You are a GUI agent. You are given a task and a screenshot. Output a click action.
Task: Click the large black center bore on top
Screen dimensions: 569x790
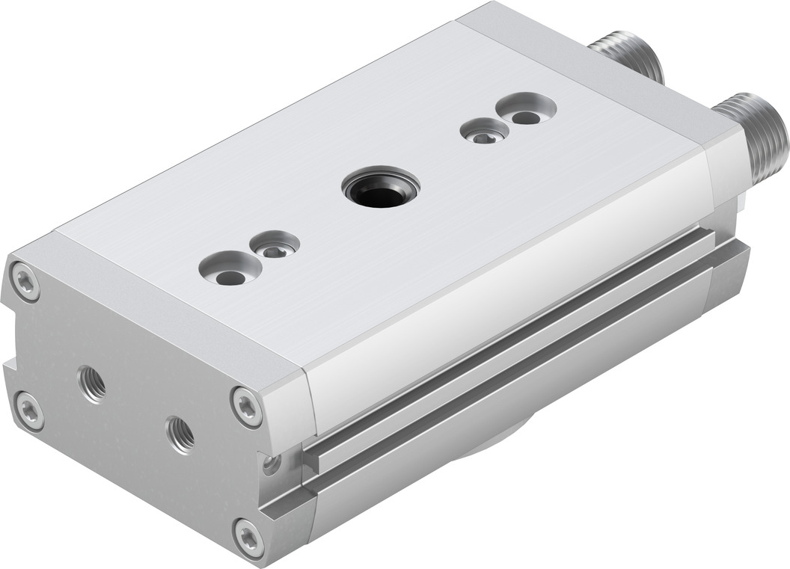click(380, 188)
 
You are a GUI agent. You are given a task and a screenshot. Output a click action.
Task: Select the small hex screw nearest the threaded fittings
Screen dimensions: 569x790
click(484, 132)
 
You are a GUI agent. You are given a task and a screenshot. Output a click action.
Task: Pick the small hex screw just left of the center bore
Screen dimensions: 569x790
click(275, 245)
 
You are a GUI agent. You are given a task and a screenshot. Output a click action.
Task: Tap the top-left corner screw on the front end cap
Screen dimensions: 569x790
click(25, 282)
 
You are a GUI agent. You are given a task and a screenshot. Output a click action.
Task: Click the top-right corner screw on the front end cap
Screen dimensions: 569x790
click(246, 406)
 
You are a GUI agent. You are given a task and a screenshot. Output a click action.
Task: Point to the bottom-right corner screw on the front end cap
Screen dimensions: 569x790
click(248, 536)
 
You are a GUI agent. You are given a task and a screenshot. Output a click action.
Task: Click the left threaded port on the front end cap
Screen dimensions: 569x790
click(92, 383)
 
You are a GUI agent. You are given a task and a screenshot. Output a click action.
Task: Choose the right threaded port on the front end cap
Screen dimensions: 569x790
click(180, 434)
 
